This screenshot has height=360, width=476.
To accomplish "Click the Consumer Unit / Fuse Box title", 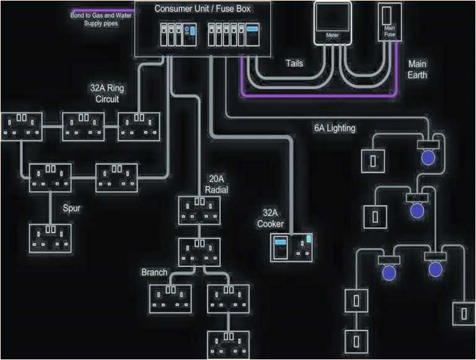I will point(203,9).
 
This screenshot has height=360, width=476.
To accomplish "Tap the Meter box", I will point(333,25).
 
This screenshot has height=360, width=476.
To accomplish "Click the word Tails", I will point(294,63).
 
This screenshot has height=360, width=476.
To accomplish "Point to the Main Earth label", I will point(417,69).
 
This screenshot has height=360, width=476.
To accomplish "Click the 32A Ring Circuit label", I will point(107,93).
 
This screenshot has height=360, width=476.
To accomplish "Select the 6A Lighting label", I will point(334,128).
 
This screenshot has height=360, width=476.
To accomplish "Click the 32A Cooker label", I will point(270,218).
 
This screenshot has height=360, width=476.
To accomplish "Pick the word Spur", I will point(72,208).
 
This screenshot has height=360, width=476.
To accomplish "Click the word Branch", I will point(154,272).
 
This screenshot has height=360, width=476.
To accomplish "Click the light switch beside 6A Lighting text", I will point(374,160).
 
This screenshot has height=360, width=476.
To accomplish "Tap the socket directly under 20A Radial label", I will point(200,211).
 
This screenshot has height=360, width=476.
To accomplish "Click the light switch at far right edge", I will point(464,313).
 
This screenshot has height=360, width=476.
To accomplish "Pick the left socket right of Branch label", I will point(171,298).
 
